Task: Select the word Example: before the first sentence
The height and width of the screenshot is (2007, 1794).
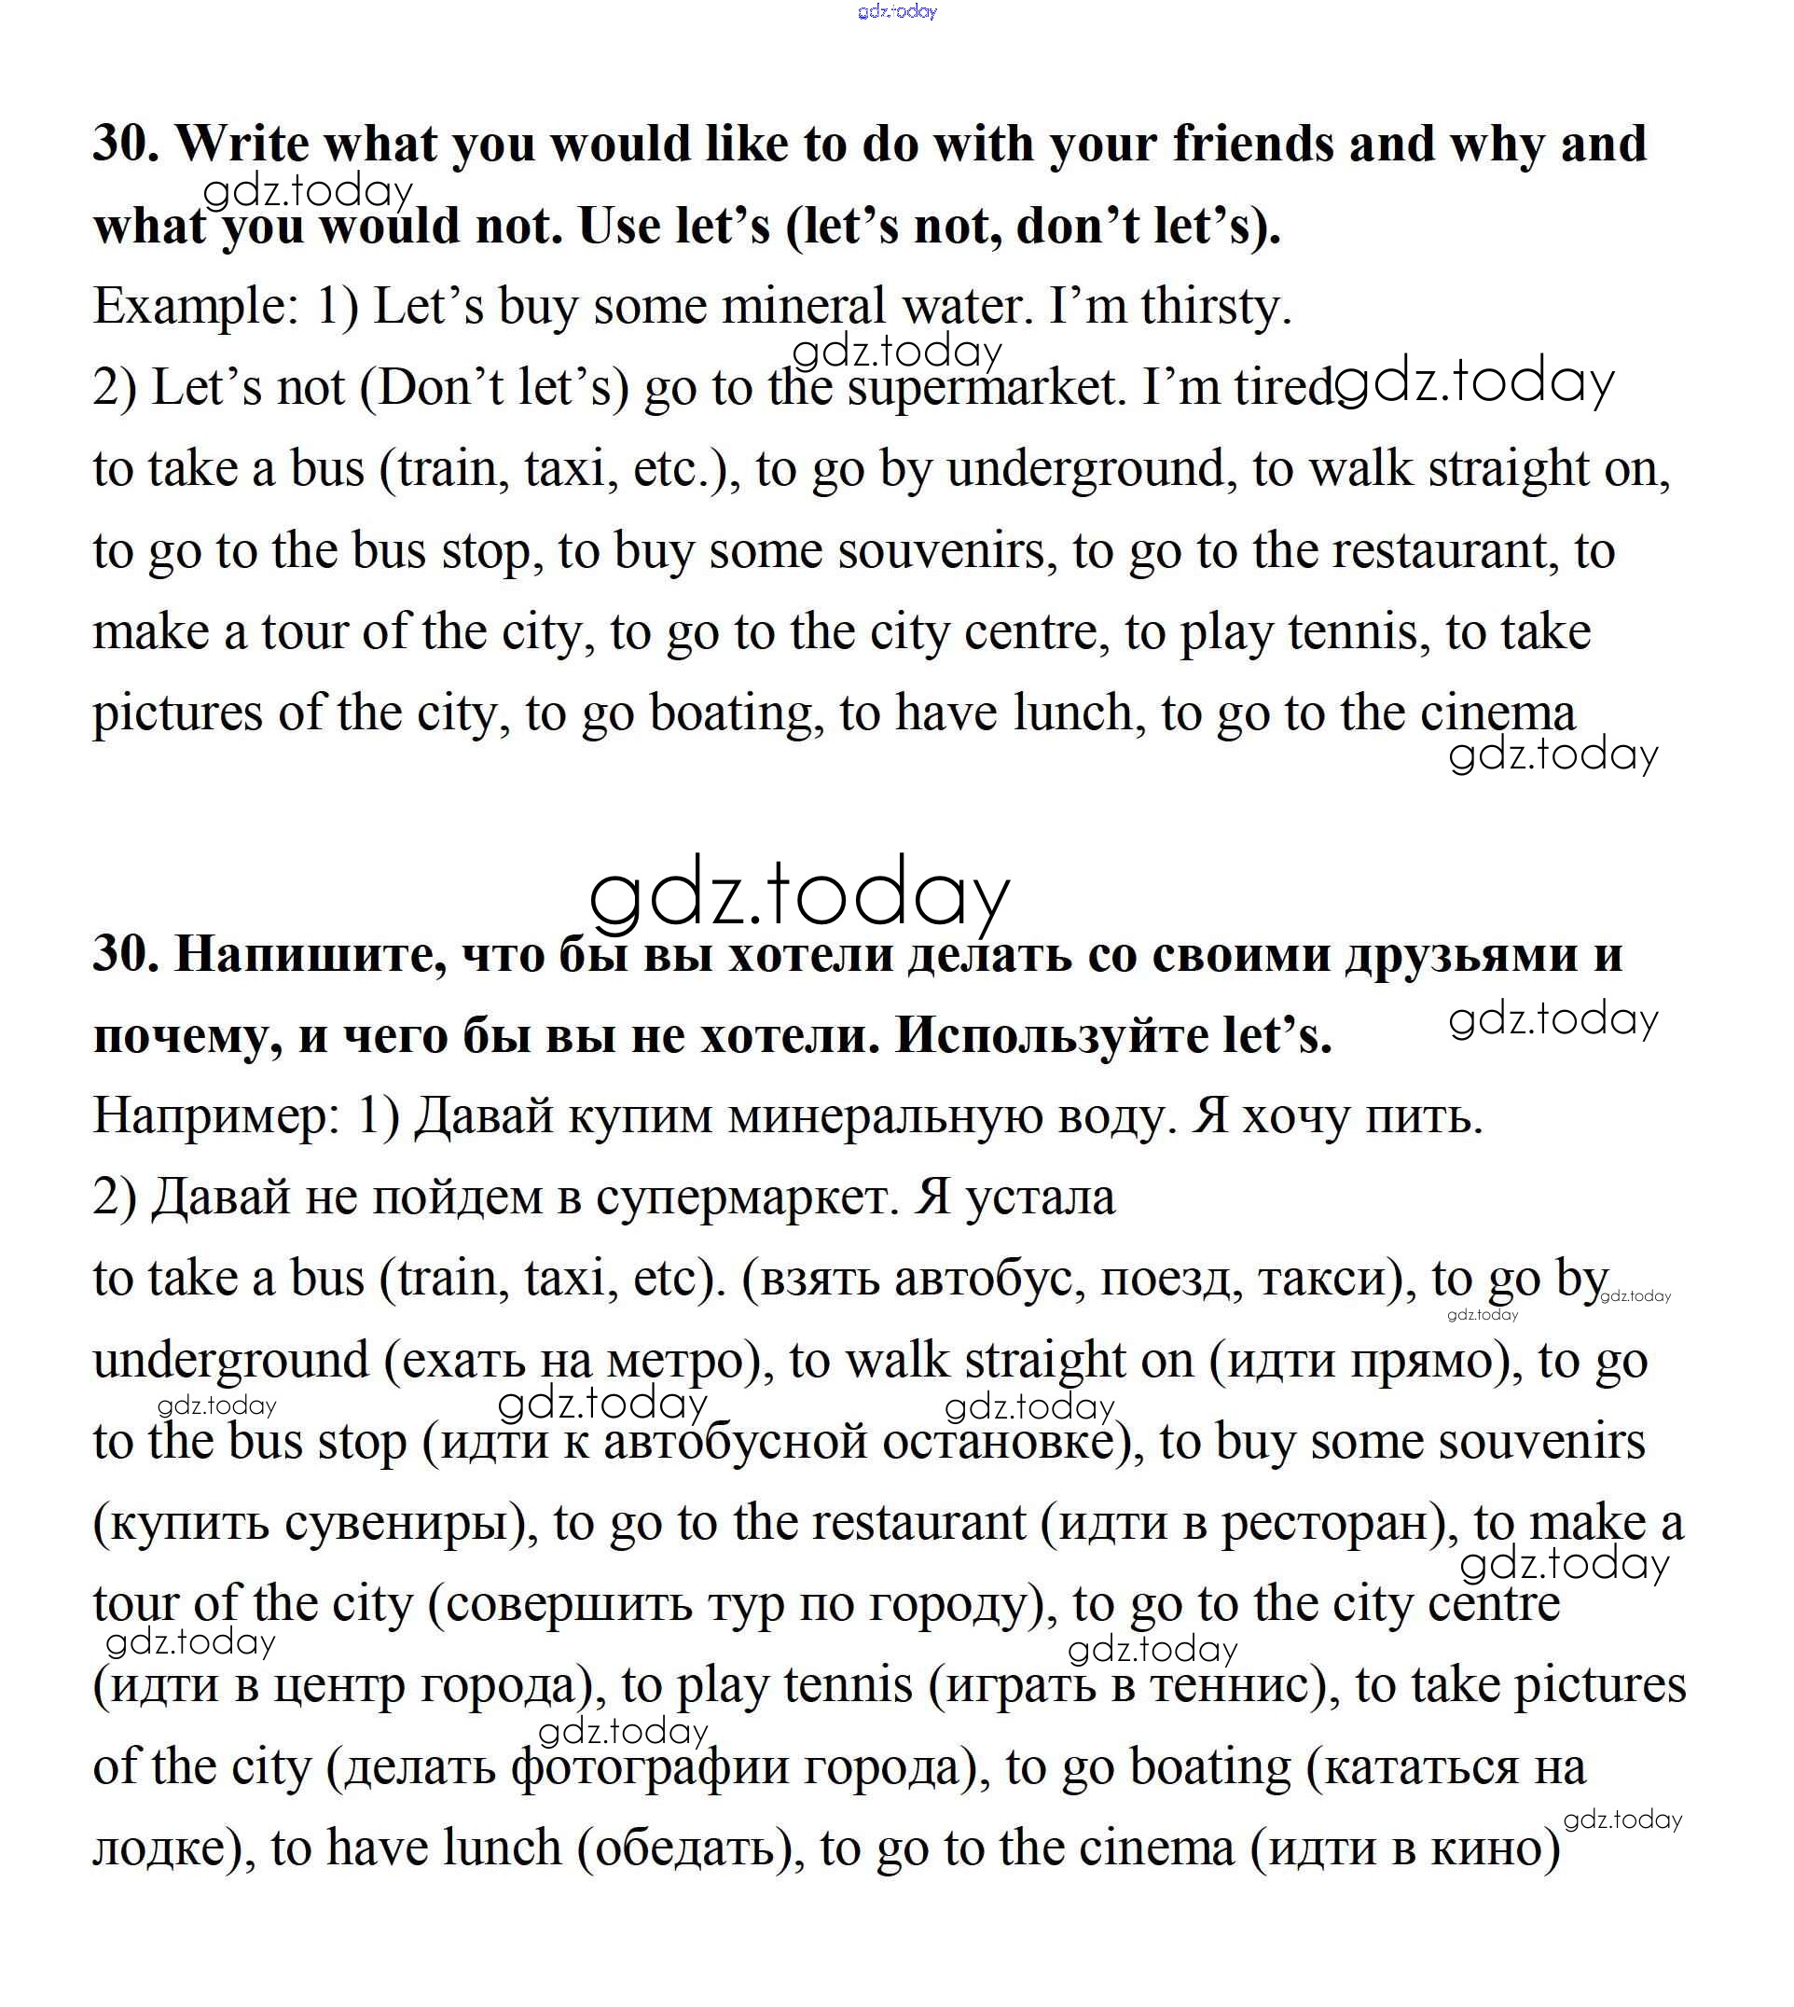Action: point(195,307)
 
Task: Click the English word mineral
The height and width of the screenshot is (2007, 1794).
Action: point(804,307)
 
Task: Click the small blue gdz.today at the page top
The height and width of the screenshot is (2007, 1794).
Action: point(897,12)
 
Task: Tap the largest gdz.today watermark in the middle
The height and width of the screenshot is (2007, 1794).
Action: point(798,895)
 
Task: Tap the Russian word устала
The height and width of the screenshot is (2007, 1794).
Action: point(1040,1197)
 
